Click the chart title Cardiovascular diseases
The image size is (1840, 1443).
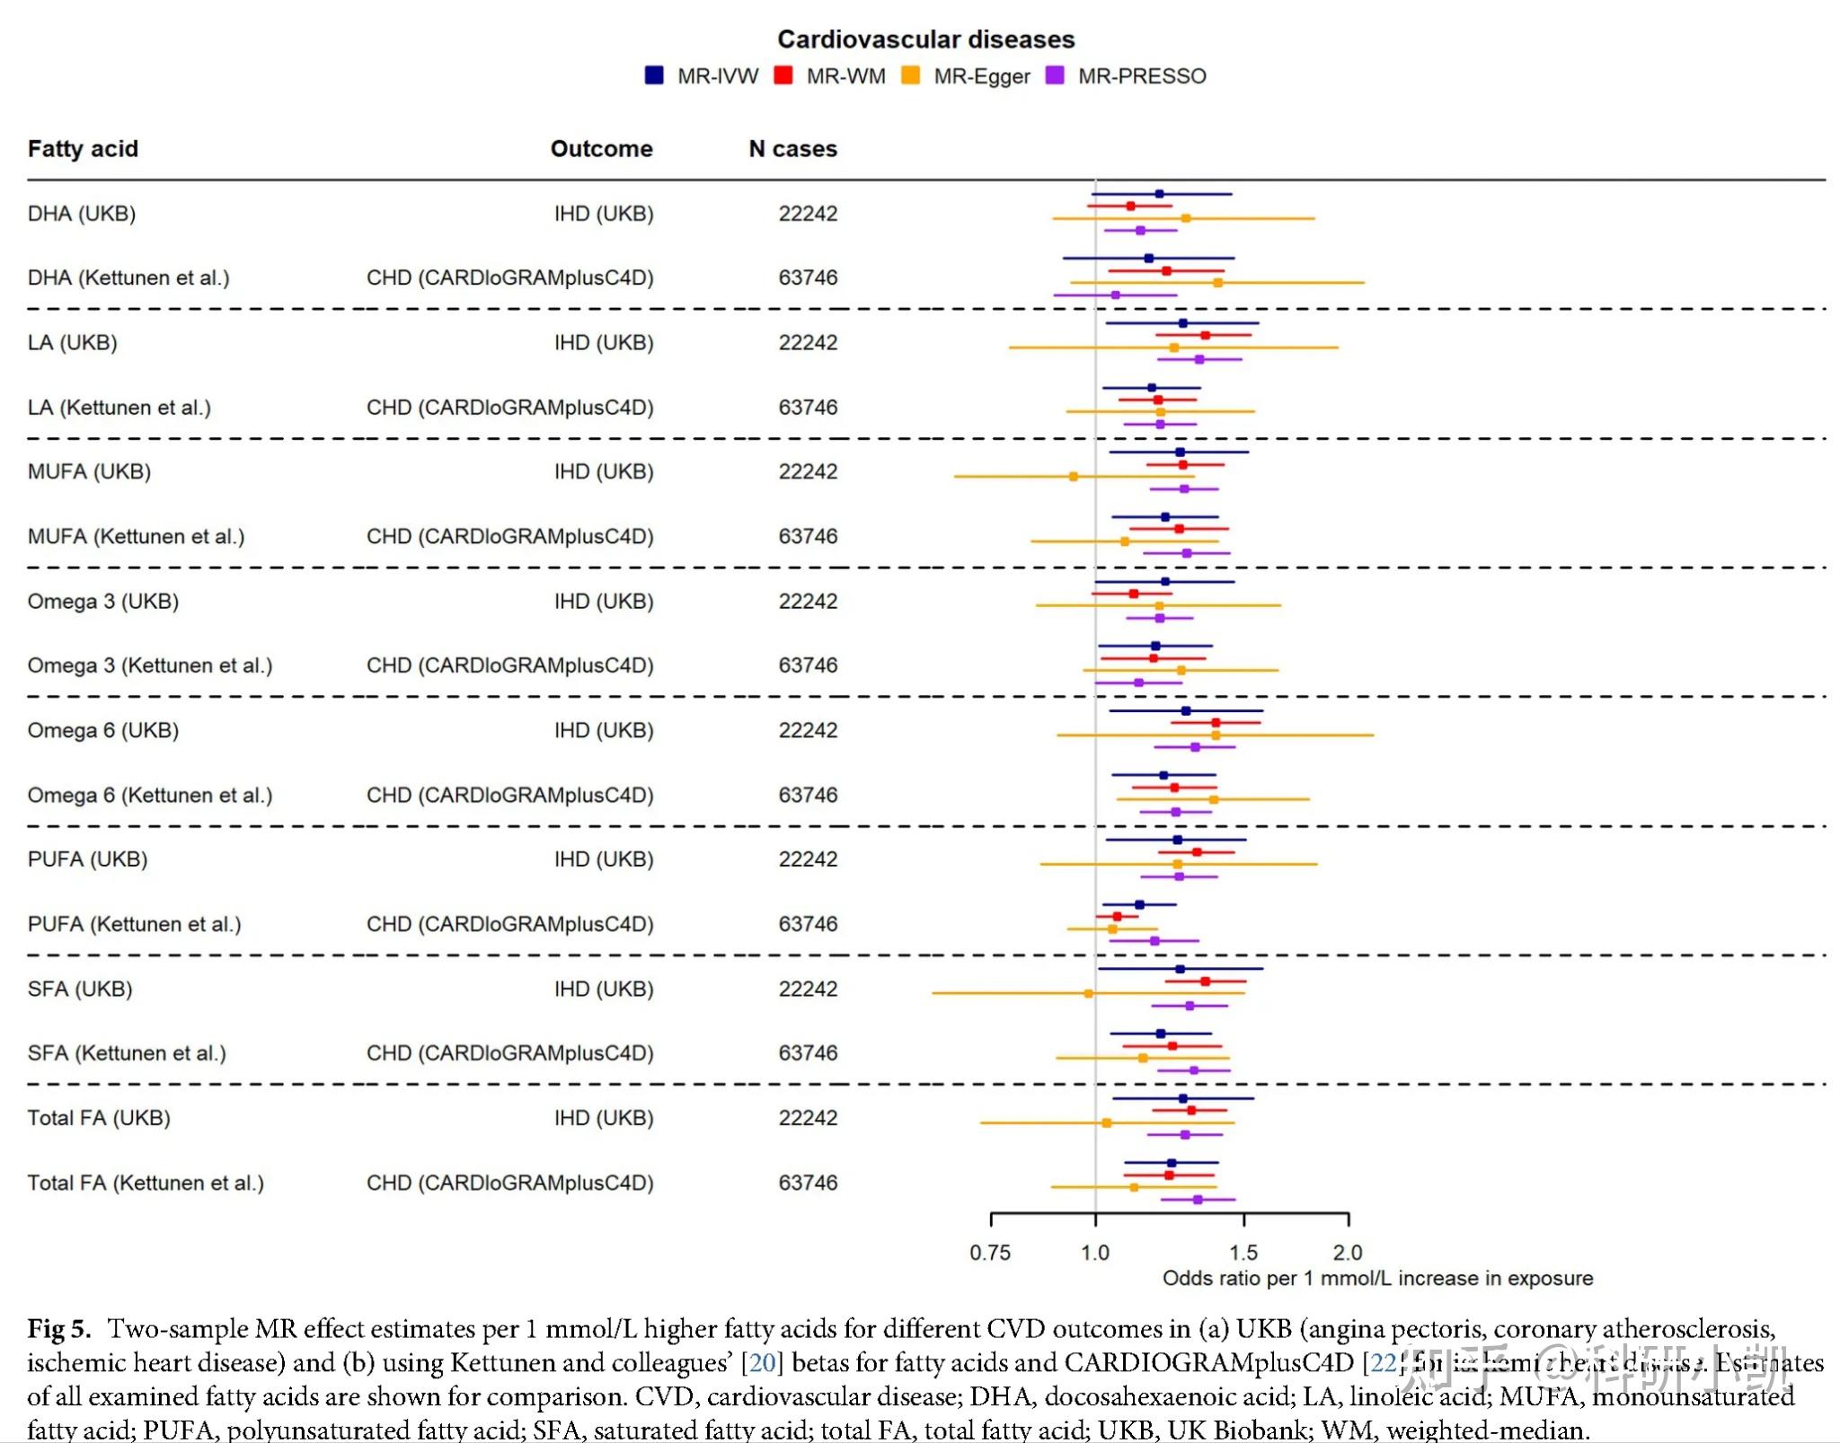(x=925, y=40)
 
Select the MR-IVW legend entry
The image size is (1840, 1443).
(x=702, y=76)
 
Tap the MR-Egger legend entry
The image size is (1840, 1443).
(x=967, y=76)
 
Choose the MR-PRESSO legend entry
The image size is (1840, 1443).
(x=1127, y=76)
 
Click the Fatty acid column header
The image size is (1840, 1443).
(x=83, y=149)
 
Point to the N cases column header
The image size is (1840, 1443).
(x=792, y=149)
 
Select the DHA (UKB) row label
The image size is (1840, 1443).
(x=82, y=214)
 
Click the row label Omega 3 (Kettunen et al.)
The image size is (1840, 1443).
(x=149, y=665)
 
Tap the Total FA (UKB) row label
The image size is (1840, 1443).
(x=99, y=1118)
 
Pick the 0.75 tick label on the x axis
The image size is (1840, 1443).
(x=990, y=1253)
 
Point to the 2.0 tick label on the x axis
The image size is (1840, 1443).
(x=1348, y=1253)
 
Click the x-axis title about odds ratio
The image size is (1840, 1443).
(x=1377, y=1279)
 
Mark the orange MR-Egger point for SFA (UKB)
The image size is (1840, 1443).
(x=1089, y=993)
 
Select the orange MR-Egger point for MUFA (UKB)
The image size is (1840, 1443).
(x=1074, y=477)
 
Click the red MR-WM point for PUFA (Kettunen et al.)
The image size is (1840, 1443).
(x=1118, y=917)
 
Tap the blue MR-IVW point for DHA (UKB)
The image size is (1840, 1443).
(x=1159, y=194)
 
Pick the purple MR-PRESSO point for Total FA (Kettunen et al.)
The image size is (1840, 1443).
(x=1198, y=1200)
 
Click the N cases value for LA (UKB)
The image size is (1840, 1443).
(x=808, y=343)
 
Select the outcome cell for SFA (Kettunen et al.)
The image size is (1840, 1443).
(x=509, y=1053)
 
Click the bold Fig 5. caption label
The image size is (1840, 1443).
(x=59, y=1329)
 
